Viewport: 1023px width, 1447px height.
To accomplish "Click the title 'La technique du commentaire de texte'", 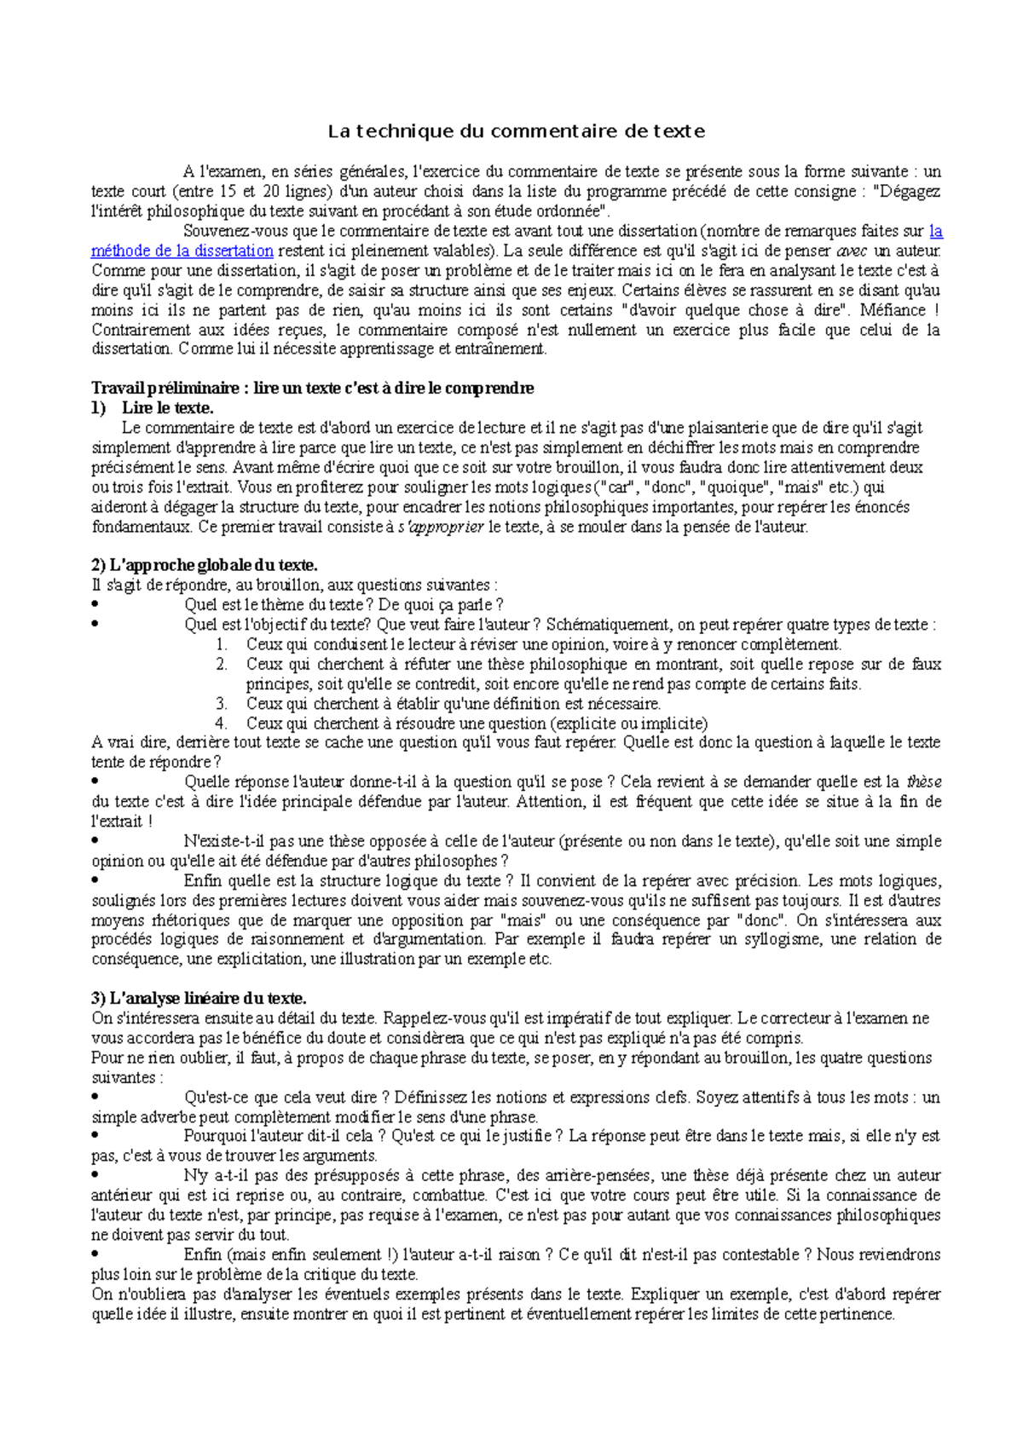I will coord(517,131).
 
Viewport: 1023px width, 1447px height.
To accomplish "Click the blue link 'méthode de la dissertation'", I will coord(182,251).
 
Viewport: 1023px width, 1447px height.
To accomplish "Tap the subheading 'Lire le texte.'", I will coord(167,408).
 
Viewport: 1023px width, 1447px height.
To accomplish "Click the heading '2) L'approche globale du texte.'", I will coord(204,565).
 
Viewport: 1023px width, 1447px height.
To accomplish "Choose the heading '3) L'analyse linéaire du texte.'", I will coord(199,998).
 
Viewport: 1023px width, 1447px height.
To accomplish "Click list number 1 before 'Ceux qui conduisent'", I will coord(222,644).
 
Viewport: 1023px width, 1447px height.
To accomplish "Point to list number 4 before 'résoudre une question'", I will coord(222,723).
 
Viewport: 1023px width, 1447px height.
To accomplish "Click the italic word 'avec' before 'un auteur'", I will coord(852,251).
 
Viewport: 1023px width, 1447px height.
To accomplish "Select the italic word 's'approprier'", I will coord(441,527).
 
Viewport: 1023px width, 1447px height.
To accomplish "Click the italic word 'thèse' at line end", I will coord(923,781).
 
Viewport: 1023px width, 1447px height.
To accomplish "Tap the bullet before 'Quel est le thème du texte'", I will coord(95,605).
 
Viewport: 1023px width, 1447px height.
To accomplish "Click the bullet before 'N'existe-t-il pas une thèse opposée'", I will coord(95,841).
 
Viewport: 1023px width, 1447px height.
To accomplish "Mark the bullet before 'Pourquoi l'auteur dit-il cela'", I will coord(95,1136).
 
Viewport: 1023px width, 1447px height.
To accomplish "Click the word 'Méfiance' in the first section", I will coord(892,310).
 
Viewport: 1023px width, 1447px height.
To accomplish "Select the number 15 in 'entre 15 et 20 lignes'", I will coord(227,192).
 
